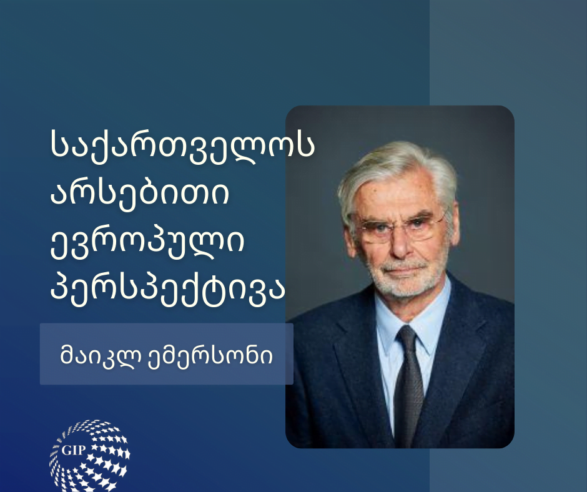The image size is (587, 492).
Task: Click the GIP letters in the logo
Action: coord(74,450)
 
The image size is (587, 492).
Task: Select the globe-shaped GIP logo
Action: coord(90,456)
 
